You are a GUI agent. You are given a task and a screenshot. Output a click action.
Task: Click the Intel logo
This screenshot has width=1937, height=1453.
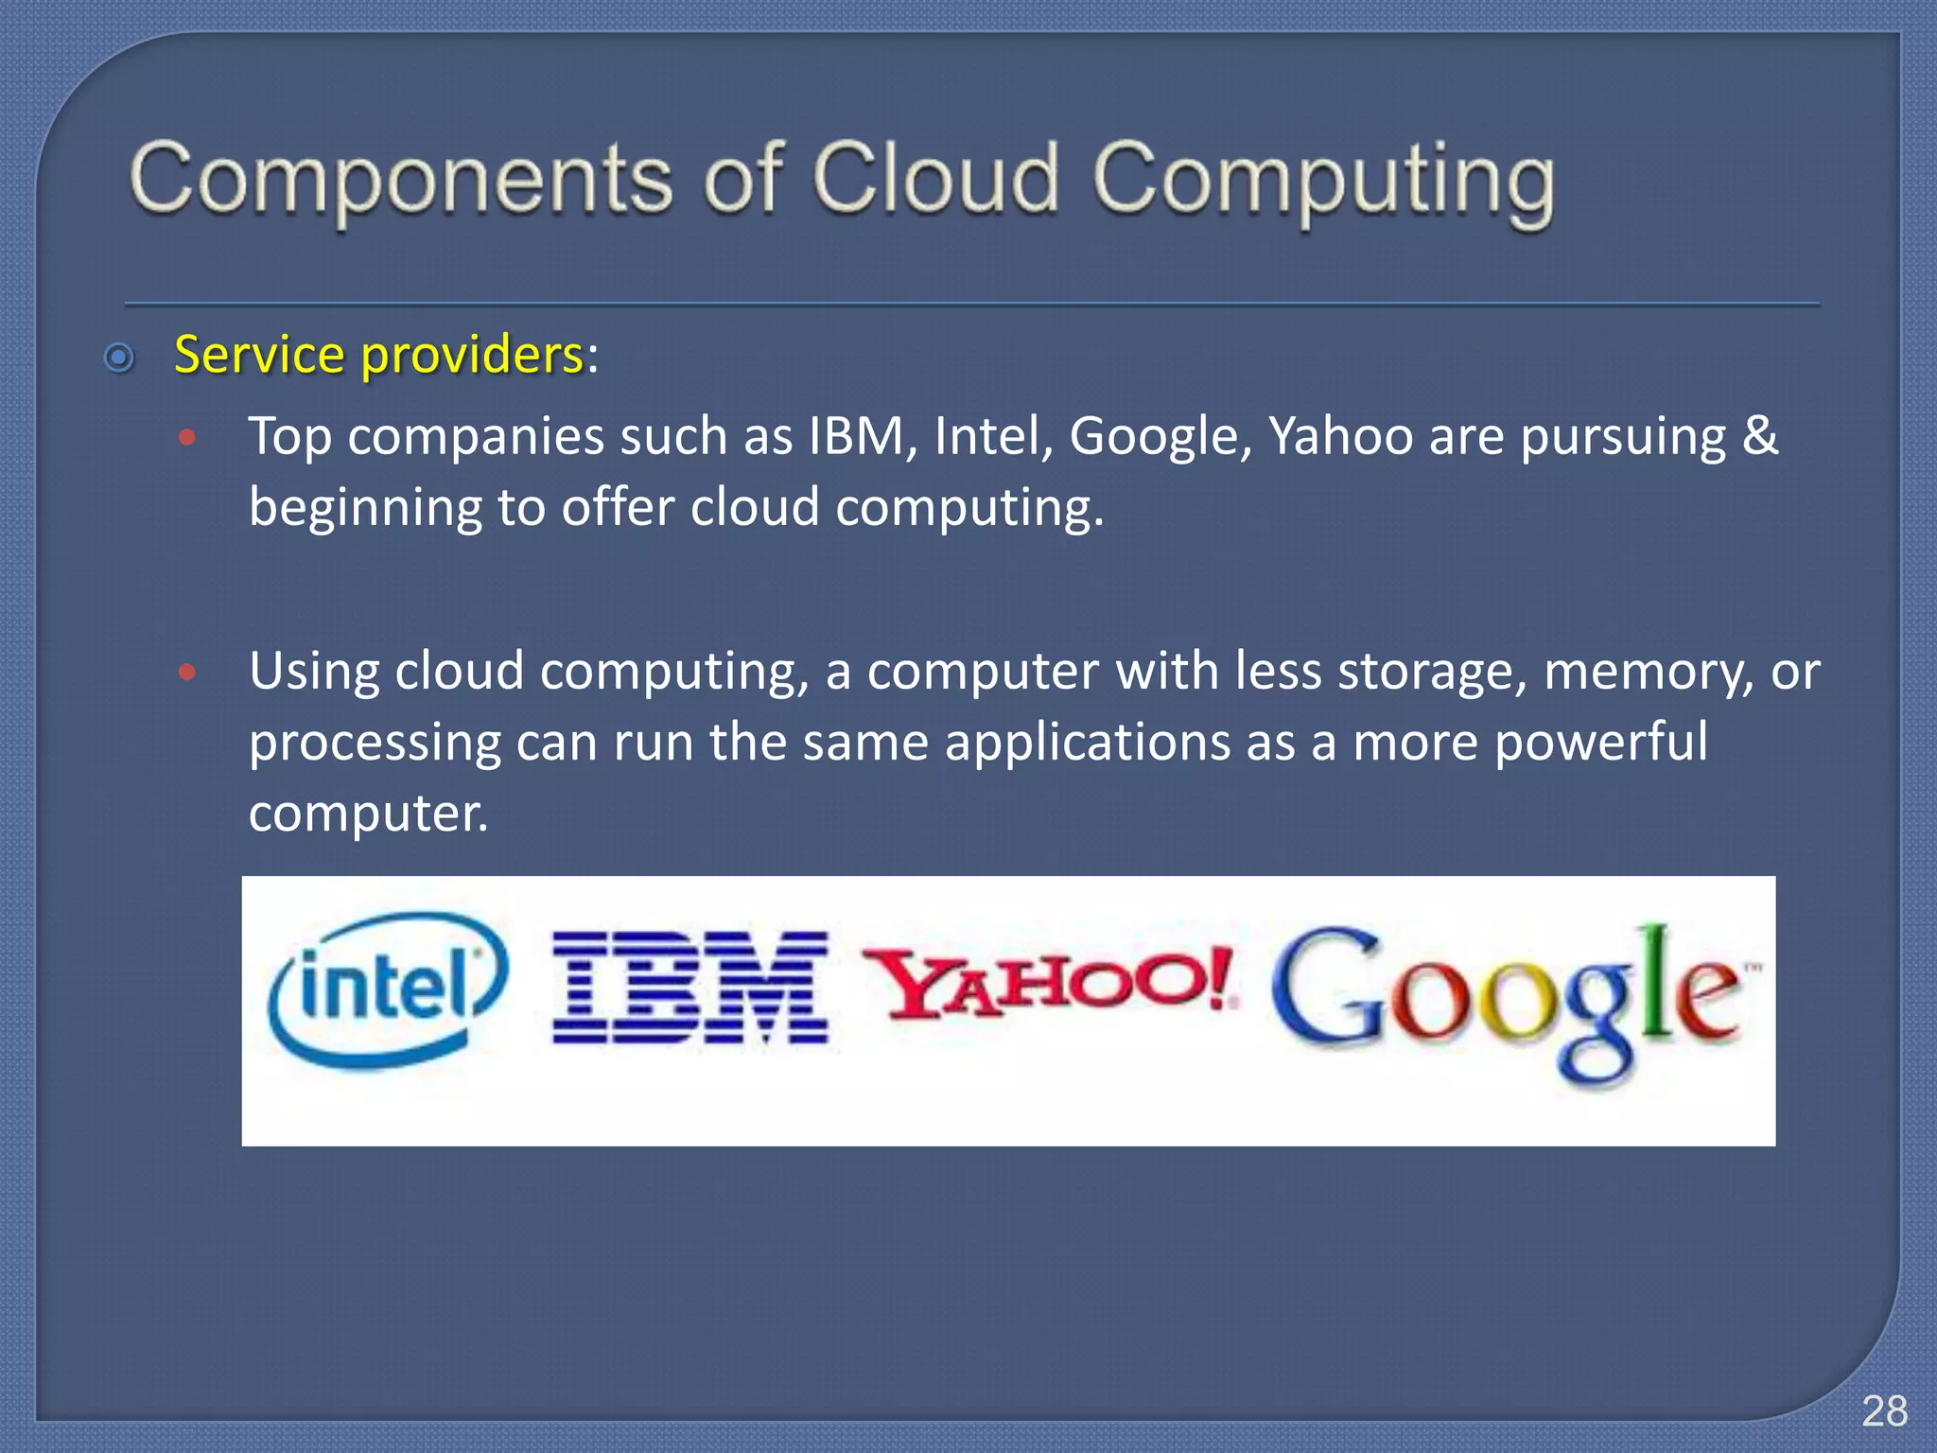pos(388,989)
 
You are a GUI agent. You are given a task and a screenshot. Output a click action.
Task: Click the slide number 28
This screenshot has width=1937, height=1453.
pos(1884,1411)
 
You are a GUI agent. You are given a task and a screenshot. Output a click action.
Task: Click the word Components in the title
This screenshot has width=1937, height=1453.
pos(401,180)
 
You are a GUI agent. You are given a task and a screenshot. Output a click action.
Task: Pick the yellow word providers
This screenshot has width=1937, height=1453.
pos(472,357)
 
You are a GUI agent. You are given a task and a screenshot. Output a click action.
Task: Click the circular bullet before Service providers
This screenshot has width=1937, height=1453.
pos(119,358)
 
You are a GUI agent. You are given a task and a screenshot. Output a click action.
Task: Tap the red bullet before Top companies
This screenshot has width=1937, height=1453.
pos(187,437)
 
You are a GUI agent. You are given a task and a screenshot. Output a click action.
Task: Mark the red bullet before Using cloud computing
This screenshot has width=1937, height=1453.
pos(187,672)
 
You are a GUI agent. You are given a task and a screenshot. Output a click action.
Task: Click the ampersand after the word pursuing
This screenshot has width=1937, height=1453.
pos(1758,435)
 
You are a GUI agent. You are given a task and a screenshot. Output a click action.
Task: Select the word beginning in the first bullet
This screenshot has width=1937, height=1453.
pos(365,509)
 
